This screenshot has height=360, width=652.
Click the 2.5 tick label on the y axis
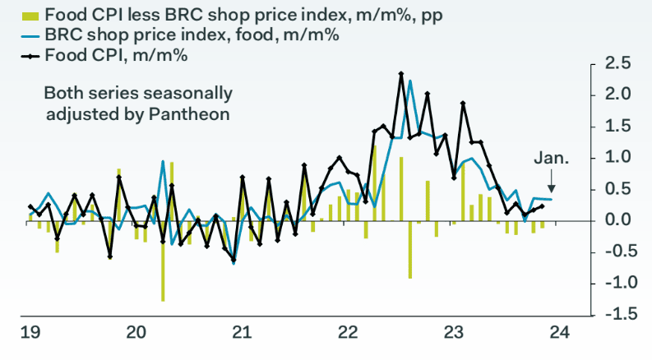click(x=616, y=63)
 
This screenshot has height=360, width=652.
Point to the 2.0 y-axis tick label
click(x=616, y=95)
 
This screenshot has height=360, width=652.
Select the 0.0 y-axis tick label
click(x=616, y=220)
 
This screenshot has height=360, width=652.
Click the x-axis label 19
click(x=30, y=333)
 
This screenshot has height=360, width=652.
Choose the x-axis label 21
click(x=241, y=333)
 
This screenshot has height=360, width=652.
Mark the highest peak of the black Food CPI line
click(x=400, y=74)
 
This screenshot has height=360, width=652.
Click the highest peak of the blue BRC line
click(x=409, y=81)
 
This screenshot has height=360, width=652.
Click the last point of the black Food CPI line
click(x=541, y=205)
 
